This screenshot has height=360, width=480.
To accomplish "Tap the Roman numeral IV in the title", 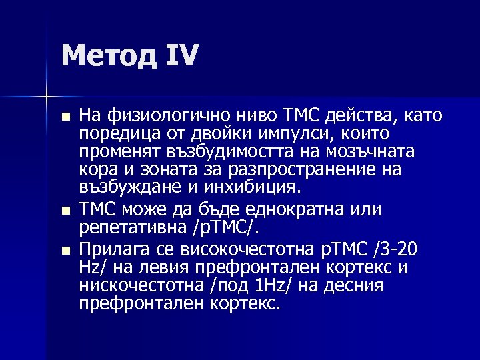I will coord(181,55).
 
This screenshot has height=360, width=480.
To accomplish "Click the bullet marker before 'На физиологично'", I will coord(64,117).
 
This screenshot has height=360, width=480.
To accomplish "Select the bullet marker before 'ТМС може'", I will coord(64,211).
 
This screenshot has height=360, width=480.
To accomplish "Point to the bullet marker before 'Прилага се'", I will coord(64,251).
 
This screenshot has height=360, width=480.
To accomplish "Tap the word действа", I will coord(357,115).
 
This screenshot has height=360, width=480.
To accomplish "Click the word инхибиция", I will coord(253,189).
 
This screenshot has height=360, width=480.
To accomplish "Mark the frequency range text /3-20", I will coord(396,249).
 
